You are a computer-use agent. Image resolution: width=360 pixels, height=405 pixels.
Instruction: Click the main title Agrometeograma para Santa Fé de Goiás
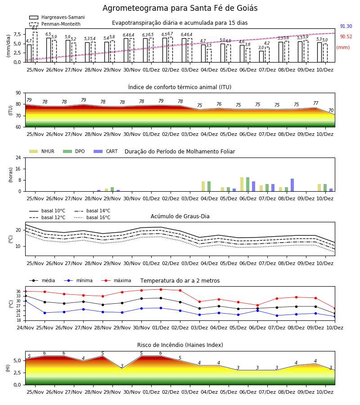180,8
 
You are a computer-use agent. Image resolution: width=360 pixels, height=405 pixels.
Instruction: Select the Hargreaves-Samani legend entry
57,17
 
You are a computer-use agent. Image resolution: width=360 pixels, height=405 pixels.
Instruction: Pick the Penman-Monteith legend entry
55,24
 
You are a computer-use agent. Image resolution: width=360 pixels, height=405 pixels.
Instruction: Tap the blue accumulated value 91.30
346,27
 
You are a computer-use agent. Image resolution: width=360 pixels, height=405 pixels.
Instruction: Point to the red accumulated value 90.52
346,37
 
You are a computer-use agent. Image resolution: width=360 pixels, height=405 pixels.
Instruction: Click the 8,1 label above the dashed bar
35,28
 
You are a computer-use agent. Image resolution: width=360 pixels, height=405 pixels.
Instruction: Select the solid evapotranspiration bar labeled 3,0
261,57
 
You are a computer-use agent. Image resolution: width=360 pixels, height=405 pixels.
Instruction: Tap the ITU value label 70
331,110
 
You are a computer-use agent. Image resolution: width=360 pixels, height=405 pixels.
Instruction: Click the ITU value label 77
315,103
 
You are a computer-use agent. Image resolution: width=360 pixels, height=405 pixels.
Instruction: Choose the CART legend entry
106,151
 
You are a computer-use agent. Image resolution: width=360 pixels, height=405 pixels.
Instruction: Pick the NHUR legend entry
42,151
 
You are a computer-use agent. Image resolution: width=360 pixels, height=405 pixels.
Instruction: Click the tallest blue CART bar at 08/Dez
292,185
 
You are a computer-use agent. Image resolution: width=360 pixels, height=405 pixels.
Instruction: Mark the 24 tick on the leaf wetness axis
18,157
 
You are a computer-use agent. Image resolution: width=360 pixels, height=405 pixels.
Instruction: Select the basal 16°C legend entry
92,217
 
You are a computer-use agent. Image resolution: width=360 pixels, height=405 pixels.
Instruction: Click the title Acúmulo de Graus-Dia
180,216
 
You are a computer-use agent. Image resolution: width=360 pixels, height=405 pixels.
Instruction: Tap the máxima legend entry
117,280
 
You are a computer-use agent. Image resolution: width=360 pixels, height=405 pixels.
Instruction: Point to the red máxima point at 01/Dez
161,289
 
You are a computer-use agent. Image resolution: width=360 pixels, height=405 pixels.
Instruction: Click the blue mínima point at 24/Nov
25,301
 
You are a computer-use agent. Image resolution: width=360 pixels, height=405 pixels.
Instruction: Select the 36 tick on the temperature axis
18,291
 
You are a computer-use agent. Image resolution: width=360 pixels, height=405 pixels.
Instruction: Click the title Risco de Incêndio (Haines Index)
180,345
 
